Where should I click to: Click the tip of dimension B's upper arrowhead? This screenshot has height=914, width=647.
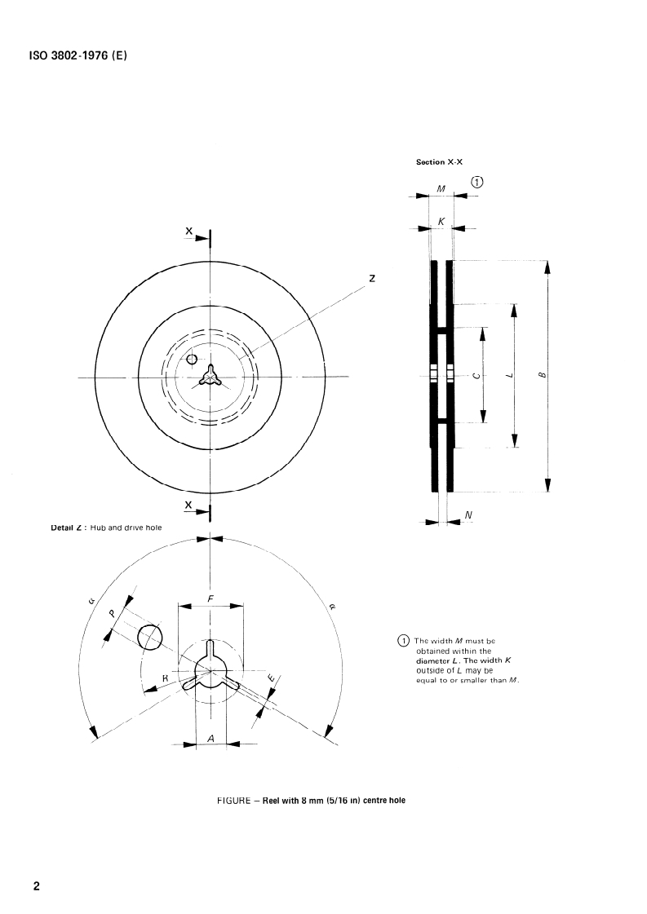click(547, 261)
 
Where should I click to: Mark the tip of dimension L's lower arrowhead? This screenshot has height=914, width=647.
click(514, 448)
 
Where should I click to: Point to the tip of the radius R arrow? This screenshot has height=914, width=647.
click(144, 692)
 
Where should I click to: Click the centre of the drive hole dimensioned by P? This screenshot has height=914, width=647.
click(150, 637)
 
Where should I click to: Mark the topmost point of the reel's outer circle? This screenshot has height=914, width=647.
click(210, 261)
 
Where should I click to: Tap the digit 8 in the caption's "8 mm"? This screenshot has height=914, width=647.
click(304, 801)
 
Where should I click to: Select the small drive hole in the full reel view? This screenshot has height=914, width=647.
click(192, 359)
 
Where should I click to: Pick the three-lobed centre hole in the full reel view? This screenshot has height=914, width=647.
click(210, 377)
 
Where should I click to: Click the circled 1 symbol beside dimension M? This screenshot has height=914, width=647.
click(477, 182)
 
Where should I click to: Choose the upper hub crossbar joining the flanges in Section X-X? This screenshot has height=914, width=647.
click(442, 330)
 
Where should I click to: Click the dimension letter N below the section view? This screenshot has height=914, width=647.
click(468, 514)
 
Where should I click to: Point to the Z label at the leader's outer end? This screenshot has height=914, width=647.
click(371, 278)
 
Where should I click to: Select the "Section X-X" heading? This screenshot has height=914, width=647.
click(439, 162)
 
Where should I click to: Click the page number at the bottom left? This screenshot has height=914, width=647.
click(37, 886)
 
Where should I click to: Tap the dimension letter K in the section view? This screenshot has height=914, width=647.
click(441, 222)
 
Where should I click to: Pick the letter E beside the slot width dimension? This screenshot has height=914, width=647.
click(271, 677)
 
